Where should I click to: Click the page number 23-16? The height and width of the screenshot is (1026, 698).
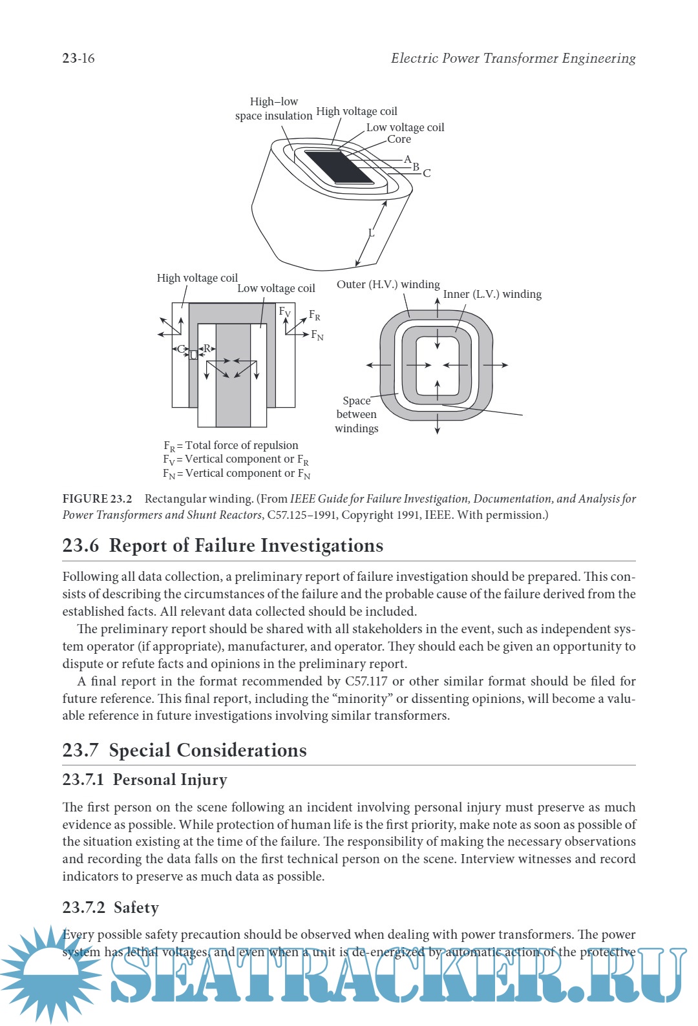point(78,58)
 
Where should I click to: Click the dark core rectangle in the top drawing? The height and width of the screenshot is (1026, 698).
point(338,167)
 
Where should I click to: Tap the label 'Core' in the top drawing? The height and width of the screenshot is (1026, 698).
point(399,139)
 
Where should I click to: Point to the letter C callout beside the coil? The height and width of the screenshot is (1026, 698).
point(427,173)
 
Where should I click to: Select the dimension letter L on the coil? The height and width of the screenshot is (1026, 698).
point(371,233)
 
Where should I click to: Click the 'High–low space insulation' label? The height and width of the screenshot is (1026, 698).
point(273,109)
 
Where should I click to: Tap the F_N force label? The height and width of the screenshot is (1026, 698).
point(317,335)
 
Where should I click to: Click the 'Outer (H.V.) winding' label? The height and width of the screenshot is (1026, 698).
point(388,284)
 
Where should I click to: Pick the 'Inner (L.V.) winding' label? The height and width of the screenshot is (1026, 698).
point(492,294)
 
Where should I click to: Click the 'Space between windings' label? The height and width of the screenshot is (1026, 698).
point(356,414)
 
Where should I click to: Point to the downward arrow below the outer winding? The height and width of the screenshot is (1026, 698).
point(438,426)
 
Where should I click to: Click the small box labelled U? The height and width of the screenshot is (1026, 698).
point(193,355)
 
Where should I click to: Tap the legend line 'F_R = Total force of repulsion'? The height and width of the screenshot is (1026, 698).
point(231,445)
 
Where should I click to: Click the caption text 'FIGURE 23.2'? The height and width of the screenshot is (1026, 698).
point(97,499)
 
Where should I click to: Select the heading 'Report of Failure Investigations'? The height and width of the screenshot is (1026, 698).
point(246,545)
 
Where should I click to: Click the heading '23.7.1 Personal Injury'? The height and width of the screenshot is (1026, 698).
point(144,780)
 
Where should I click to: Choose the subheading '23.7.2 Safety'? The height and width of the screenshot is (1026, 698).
point(111,908)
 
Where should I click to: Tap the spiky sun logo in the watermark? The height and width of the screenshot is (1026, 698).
point(48,972)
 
